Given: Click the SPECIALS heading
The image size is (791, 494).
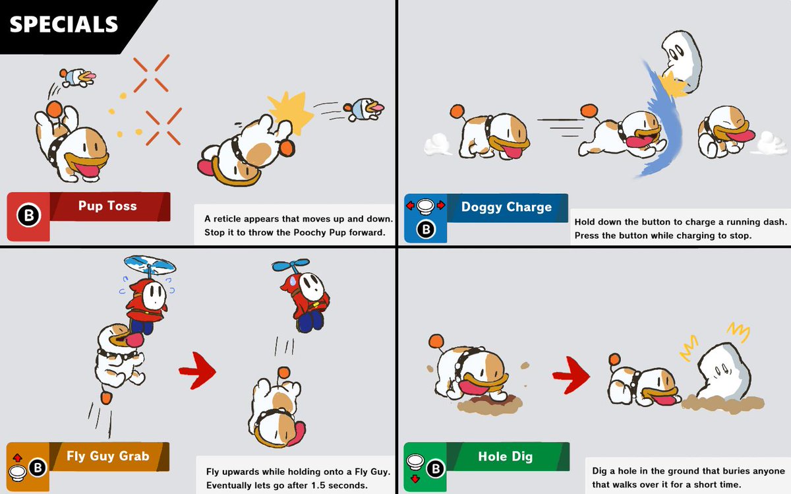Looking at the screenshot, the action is coord(63,24).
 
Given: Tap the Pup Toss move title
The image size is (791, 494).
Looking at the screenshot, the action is coord(107,206).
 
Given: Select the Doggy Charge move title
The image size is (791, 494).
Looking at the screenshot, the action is coord(506,206).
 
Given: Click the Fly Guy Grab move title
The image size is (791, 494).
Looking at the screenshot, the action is coord(107,456).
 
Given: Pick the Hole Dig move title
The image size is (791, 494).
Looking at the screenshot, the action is coord(506,456).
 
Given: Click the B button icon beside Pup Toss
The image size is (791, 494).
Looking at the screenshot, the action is coord(29,215).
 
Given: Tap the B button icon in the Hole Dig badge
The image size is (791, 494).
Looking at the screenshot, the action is coord(436,469).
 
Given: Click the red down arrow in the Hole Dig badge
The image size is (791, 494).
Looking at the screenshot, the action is coord(415,479).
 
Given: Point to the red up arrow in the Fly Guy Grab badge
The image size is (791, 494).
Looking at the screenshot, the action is coord(17,458).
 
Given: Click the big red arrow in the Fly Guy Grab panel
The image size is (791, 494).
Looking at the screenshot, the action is coord(198,370).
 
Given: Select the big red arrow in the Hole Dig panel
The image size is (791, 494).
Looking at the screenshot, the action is coord(571,375).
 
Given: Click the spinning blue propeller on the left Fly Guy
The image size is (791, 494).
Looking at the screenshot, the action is coord(150,264).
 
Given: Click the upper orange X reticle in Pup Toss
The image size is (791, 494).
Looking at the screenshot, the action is coord(151,73).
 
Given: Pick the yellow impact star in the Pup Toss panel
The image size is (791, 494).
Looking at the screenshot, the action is coord(291,111).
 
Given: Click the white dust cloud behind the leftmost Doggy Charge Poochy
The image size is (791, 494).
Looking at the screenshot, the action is coord(438,145).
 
